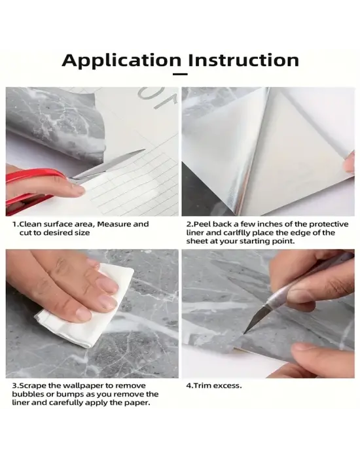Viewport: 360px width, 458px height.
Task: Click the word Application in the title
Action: tap(122, 60)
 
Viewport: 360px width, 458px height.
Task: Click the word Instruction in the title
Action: tap(243, 60)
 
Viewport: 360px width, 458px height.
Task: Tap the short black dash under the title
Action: tap(180, 74)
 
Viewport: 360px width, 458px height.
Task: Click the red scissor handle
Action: tap(32, 187)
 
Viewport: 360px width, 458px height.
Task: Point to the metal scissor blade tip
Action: tap(145, 150)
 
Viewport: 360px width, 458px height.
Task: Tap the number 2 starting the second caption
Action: tap(189, 224)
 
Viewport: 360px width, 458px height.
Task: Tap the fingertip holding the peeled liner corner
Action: tap(349, 164)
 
